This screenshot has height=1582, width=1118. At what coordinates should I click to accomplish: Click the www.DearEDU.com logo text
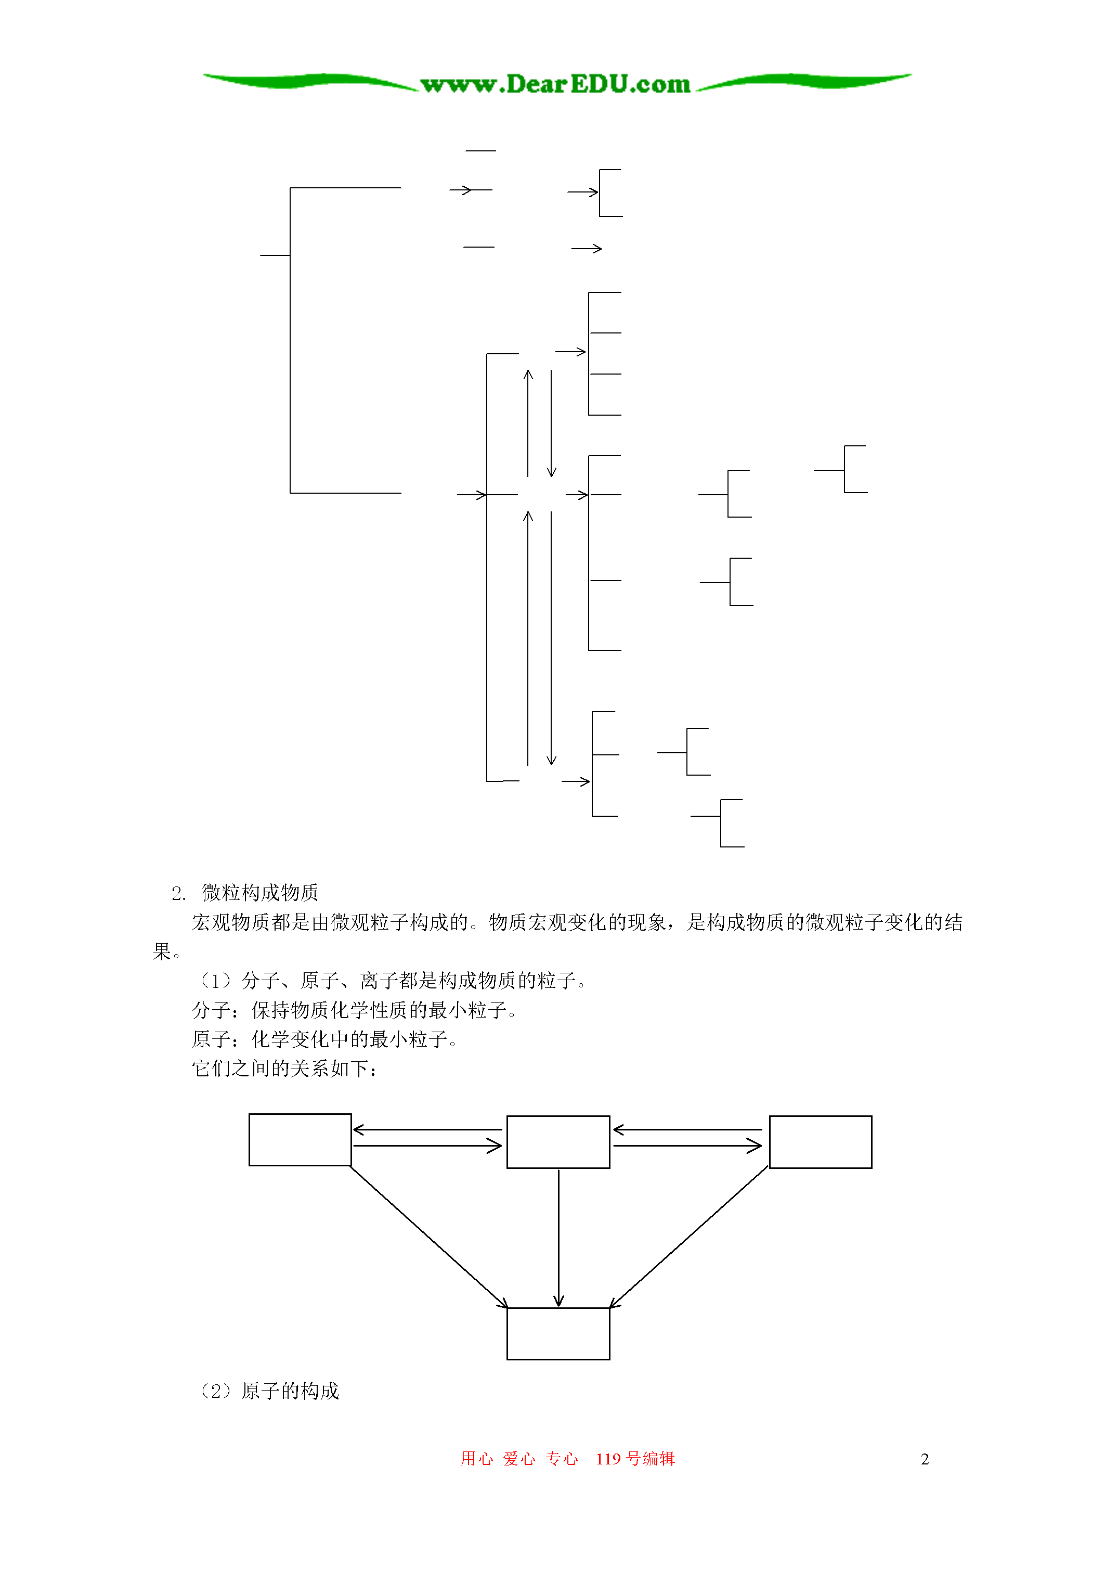pos(555,84)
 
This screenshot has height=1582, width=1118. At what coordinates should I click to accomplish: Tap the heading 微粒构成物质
pos(259,893)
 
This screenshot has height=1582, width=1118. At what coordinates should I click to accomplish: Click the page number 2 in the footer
pos(925,1459)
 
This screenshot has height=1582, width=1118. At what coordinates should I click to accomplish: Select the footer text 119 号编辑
pos(635,1459)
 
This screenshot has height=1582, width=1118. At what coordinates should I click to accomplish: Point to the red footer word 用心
pos(477,1459)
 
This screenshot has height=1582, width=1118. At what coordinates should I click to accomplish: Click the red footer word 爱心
pos(519,1459)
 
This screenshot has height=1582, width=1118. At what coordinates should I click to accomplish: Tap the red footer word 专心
pos(562,1459)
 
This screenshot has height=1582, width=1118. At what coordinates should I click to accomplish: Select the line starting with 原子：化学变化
pos(325,1039)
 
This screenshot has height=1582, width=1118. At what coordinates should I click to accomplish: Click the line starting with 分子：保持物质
pos(355,1010)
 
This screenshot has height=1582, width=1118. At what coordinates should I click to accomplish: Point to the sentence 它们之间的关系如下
pos(285,1069)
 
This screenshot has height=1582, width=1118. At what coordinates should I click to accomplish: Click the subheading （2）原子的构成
pos(269,1391)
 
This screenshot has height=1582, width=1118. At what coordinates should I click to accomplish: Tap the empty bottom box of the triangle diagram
pos(558,1333)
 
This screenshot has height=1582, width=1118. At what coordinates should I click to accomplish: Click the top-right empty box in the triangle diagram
pos(821,1142)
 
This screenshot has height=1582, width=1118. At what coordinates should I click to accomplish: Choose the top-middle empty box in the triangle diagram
pos(558,1142)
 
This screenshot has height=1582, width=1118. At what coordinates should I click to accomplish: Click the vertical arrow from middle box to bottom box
pos(558,1238)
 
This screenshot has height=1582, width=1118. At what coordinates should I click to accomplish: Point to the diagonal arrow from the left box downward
pos(429,1237)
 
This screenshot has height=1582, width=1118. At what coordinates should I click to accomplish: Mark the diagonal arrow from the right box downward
pos(689,1237)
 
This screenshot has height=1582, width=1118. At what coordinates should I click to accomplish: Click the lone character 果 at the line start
pos(161,951)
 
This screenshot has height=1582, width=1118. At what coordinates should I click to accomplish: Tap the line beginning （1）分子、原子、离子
pos(393,981)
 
